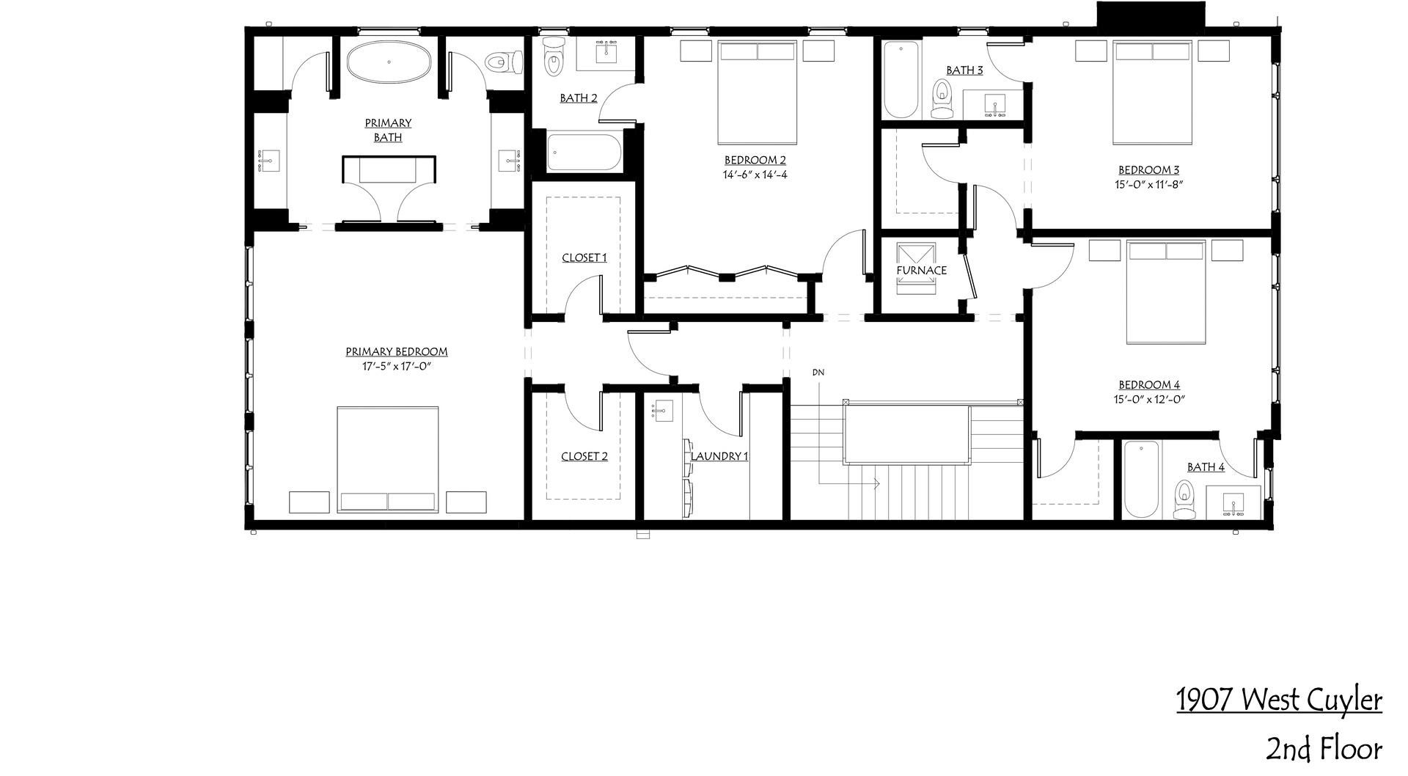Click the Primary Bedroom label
point(396,351)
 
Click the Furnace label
point(921,270)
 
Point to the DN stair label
point(818,373)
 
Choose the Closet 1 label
point(584,257)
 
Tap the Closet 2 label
point(584,456)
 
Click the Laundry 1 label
point(719,456)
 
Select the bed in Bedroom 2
point(758,92)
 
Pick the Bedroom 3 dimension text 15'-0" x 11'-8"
point(1149,185)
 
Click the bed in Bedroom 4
point(1167,292)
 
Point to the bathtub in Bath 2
point(584,153)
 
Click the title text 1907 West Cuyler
point(1279,700)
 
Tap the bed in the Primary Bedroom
point(388,460)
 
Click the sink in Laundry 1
point(662,411)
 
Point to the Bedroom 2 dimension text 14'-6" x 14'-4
point(755,175)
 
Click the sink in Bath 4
point(1234,504)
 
